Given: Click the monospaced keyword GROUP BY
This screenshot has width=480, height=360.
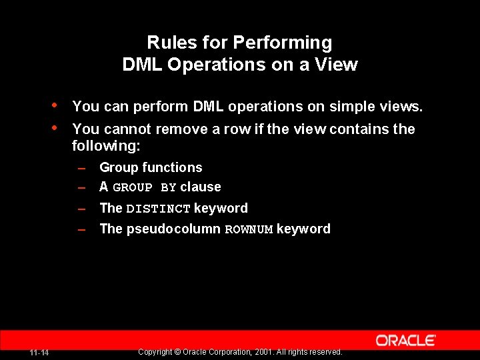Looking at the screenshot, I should [x=145, y=188].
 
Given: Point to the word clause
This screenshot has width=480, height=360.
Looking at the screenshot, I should [x=201, y=187].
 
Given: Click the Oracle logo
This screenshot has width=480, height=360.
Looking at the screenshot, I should [x=405, y=341].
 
